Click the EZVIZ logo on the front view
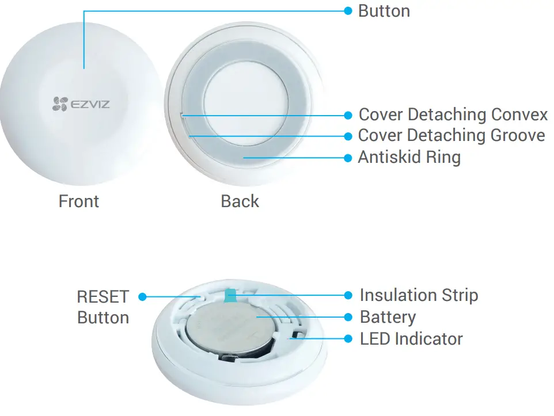point(81,104)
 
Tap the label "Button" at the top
point(384,11)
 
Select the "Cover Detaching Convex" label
point(453,115)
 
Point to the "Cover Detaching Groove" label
point(451,136)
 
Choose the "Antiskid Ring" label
point(409,157)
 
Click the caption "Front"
point(79,201)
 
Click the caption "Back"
point(240,201)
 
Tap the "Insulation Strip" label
point(419,295)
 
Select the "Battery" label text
point(388,317)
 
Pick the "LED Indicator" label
point(411,339)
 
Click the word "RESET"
point(103,297)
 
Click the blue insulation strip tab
point(231,295)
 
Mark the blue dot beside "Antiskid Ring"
point(348,157)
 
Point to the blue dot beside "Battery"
point(348,317)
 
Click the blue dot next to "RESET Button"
point(143,297)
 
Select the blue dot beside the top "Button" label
point(348,11)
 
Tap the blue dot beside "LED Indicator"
point(348,339)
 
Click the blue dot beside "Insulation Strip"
point(348,295)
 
